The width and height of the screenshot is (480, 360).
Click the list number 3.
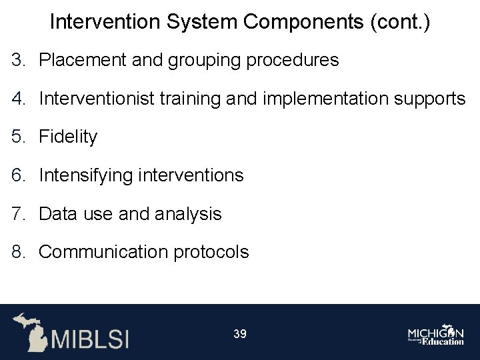click(17, 61)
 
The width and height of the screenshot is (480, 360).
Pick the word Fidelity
click(68, 137)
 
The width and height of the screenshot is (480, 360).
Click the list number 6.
click(17, 176)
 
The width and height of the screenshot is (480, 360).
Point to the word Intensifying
click(85, 177)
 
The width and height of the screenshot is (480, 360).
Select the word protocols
click(214, 253)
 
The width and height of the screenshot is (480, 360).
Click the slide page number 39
click(240, 333)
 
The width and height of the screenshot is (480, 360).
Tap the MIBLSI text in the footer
click(91, 338)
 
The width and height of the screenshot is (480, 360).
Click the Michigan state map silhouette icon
click(29, 331)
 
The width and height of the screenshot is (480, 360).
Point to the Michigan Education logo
click(436, 335)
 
